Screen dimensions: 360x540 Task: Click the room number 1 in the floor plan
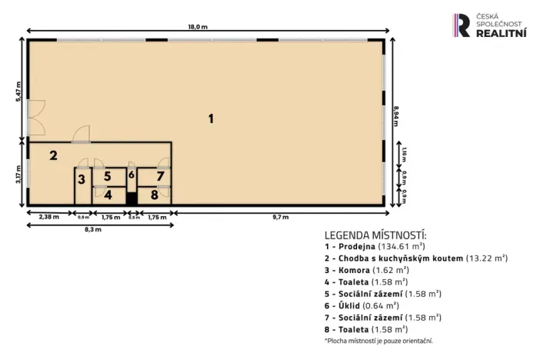pyautogui.click(x=210, y=118)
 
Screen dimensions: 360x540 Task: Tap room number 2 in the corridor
pyautogui.click(x=53, y=155)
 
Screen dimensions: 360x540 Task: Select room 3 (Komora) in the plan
pyautogui.click(x=81, y=179)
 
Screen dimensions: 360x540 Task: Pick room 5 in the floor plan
pyautogui.click(x=108, y=176)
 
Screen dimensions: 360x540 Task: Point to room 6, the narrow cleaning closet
pyautogui.click(x=132, y=175)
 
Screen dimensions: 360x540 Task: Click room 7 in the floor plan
pyautogui.click(x=160, y=176)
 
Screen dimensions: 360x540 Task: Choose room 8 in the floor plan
pyautogui.click(x=155, y=195)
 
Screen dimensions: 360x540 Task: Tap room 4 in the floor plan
pyautogui.click(x=108, y=195)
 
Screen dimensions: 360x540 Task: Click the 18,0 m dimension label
pyautogui.click(x=198, y=27)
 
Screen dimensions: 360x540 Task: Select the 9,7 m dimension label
pyautogui.click(x=280, y=218)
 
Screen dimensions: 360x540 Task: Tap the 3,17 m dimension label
pyautogui.click(x=19, y=174)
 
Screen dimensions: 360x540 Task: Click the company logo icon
pyautogui.click(x=462, y=25)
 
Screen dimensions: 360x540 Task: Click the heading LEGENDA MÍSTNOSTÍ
pyautogui.click(x=375, y=235)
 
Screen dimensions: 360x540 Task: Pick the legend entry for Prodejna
pyautogui.click(x=378, y=246)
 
